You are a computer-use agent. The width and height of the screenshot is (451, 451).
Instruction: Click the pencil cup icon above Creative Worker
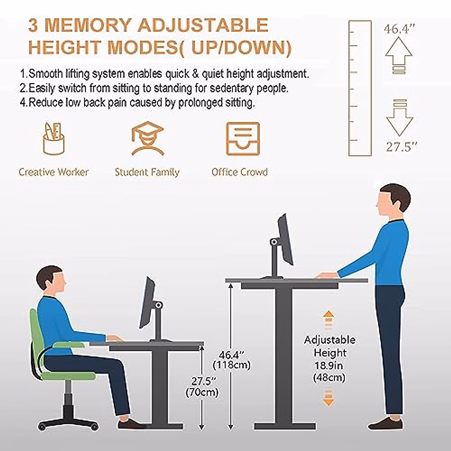(x=54, y=139)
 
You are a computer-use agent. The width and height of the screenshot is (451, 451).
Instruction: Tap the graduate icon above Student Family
(x=147, y=139)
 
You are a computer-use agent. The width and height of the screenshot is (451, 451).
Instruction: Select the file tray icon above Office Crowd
(x=242, y=139)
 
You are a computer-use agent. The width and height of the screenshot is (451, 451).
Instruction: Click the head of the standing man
(x=393, y=201)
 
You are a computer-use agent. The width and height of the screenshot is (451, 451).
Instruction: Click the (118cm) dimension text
(x=232, y=365)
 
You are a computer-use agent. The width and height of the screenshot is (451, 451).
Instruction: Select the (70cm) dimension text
(x=202, y=392)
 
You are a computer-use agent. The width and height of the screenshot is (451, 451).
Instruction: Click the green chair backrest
(x=36, y=338)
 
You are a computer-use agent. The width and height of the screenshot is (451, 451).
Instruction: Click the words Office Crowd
(x=239, y=173)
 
